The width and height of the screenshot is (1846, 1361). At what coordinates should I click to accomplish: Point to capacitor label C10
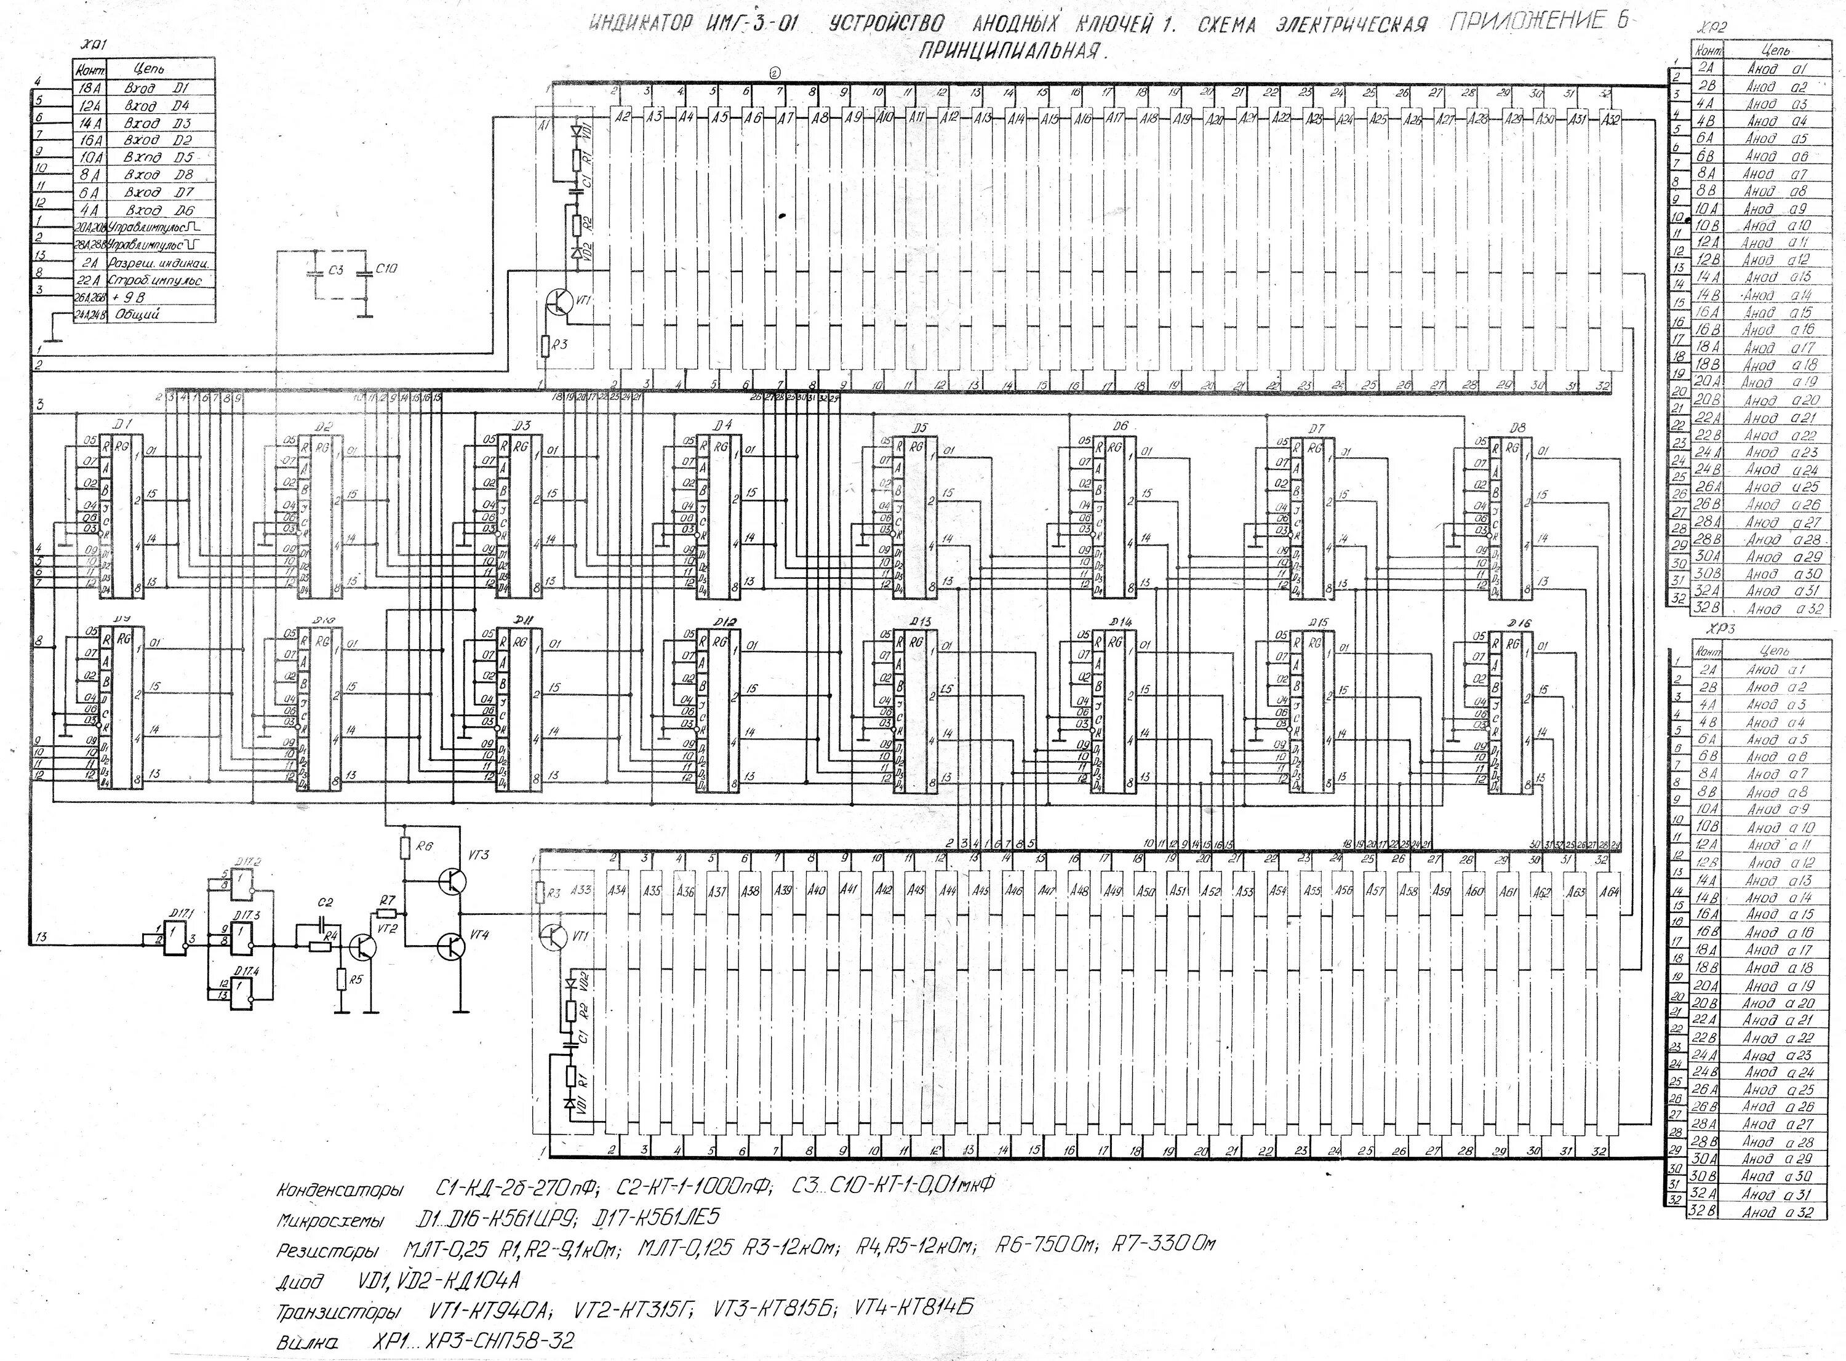[x=386, y=269]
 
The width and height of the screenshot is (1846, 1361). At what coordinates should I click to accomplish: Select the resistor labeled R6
[x=404, y=848]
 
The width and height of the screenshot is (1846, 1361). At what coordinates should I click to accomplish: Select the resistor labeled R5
[x=340, y=979]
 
